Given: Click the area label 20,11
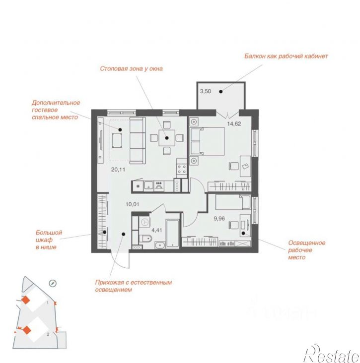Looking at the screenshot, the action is pyautogui.click(x=118, y=170).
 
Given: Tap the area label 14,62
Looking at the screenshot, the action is pyautogui.click(x=234, y=123).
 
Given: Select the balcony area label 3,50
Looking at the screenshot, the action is pyautogui.click(x=206, y=91).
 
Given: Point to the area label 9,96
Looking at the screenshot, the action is pyautogui.click(x=219, y=218).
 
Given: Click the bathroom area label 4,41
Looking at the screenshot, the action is pyautogui.click(x=157, y=231).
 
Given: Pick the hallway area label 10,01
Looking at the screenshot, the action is pyautogui.click(x=133, y=204).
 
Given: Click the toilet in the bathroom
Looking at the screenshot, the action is pyautogui.click(x=145, y=238).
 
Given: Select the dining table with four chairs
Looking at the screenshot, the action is pyautogui.click(x=167, y=138).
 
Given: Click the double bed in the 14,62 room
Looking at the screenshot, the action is pyautogui.click(x=207, y=141).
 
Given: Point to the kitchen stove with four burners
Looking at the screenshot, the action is pyautogui.click(x=182, y=169).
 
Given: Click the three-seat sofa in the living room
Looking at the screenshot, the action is pyautogui.click(x=138, y=140).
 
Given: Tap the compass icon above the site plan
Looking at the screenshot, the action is pyautogui.click(x=53, y=283).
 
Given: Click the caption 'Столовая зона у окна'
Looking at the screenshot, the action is pyautogui.click(x=131, y=68).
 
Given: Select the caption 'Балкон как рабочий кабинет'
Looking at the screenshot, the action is pyautogui.click(x=286, y=56).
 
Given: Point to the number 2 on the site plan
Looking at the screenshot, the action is pyautogui.click(x=48, y=334).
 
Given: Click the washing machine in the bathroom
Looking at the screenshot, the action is pyautogui.click(x=144, y=222).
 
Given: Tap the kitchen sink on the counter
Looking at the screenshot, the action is pyautogui.click(x=148, y=185).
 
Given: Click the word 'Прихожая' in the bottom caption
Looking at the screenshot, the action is pyautogui.click(x=110, y=283).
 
